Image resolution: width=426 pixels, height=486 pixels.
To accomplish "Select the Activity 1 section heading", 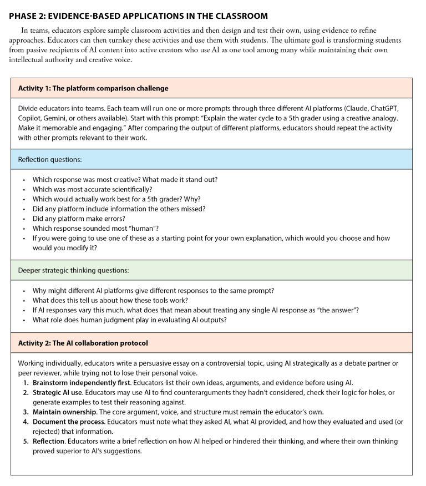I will click(93, 88).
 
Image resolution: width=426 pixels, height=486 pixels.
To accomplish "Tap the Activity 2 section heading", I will click(83, 343).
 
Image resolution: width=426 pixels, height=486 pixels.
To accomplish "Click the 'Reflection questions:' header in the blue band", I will click(50, 159).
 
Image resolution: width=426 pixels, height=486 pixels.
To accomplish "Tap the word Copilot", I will click(31, 118).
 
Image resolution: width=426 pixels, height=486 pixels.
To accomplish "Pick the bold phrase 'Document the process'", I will click(68, 422).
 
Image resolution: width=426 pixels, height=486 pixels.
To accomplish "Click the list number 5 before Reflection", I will click(25, 441).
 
